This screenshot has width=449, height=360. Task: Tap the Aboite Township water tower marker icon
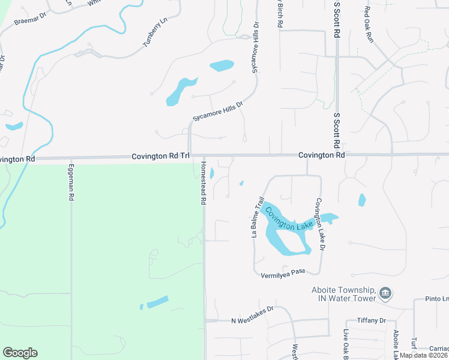pos(386,293)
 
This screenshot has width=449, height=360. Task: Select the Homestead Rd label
pos(203,183)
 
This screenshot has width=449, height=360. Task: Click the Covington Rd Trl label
pos(160,156)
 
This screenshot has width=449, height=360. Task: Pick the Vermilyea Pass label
pos(283,272)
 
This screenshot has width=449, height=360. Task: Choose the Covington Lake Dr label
pos(320,224)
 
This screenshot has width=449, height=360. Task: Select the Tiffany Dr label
pos(370,321)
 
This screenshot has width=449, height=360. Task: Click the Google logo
pos(20,353)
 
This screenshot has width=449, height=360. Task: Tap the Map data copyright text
pos(424,355)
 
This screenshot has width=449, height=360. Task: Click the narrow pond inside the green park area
pos(158,302)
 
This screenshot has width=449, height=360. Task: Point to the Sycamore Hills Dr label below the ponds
pos(217,112)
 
